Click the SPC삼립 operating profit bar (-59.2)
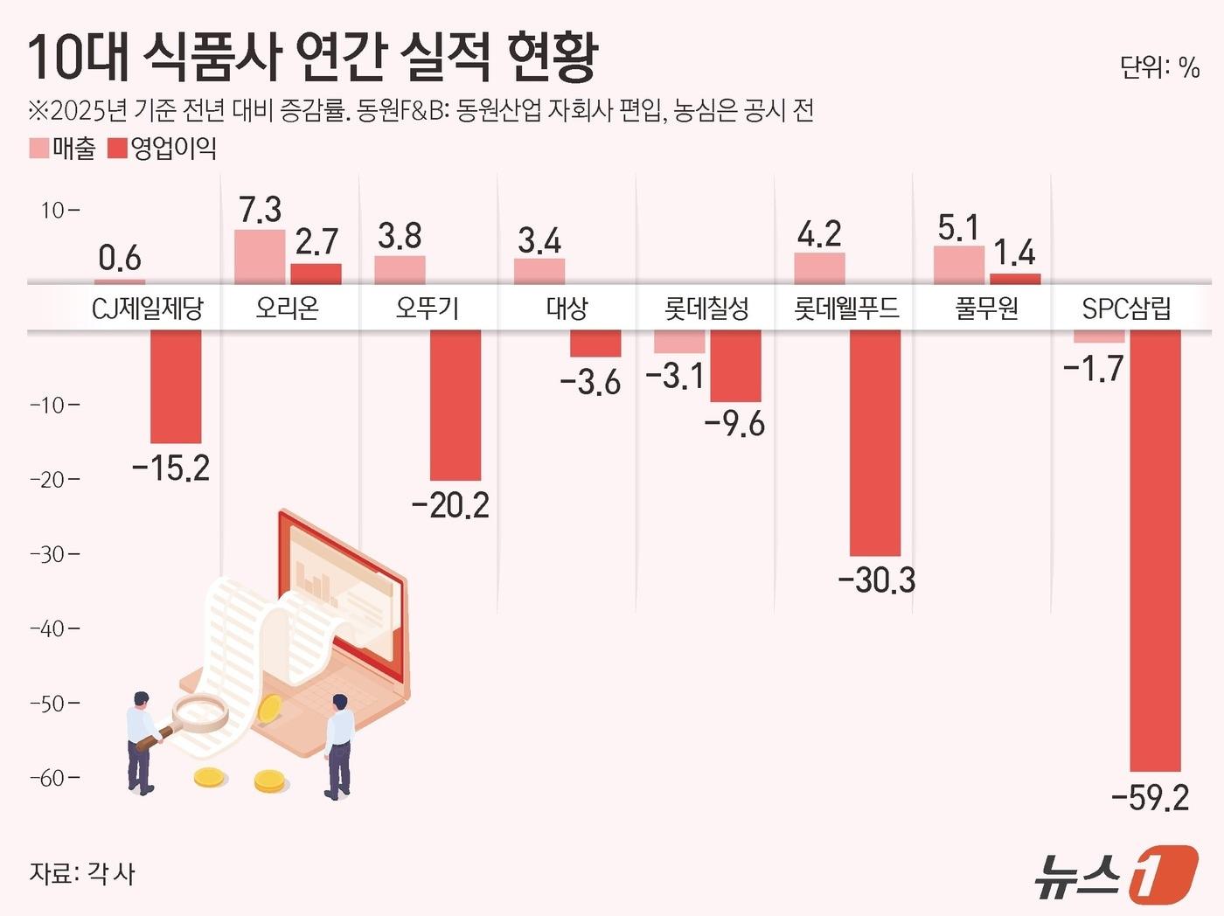(x=1155, y=551)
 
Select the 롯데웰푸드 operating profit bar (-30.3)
(x=875, y=442)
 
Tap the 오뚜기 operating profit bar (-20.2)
(x=456, y=405)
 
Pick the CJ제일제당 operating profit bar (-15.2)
(x=176, y=386)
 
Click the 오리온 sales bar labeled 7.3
(x=260, y=257)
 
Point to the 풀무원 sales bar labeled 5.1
(x=959, y=265)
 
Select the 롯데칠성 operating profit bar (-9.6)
(x=735, y=365)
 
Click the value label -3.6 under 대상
(x=590, y=383)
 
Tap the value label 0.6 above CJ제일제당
(x=120, y=258)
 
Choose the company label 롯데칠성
(x=706, y=308)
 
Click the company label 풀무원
(x=986, y=308)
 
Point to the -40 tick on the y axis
(x=54, y=628)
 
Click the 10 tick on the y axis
(x=58, y=210)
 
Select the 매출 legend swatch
(x=39, y=149)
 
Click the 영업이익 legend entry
(x=163, y=149)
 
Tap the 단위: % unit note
(x=1159, y=67)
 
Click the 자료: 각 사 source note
(x=82, y=873)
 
